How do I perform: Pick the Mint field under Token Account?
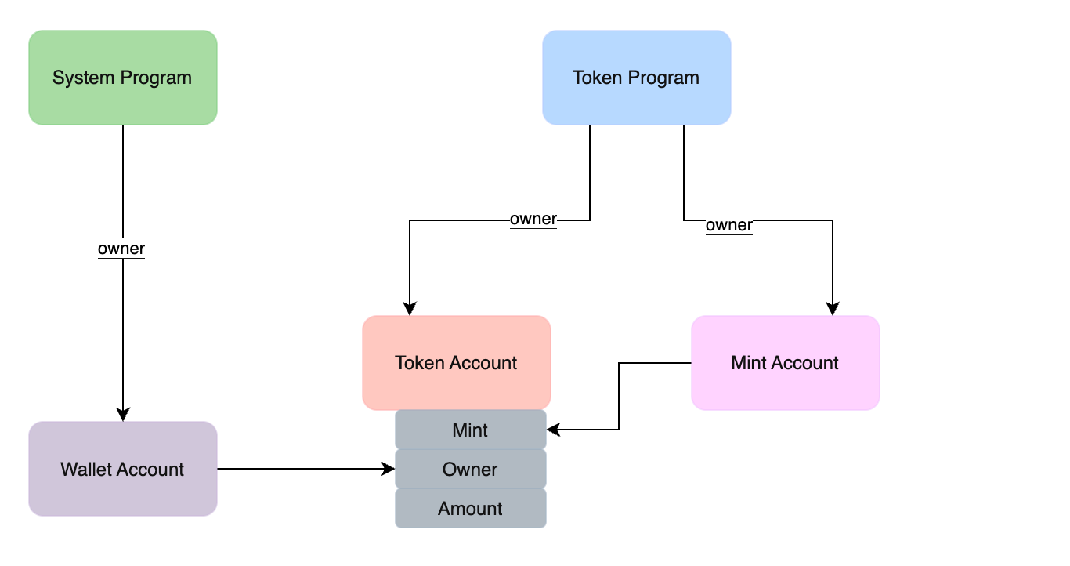tap(470, 430)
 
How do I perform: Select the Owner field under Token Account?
tap(470, 470)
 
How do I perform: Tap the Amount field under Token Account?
tap(470, 509)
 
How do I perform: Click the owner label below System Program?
tap(121, 249)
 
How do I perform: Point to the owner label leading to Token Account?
tap(533, 220)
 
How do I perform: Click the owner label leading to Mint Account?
tap(729, 226)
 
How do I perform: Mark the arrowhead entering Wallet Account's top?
tap(123, 415)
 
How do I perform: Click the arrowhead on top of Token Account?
tap(410, 309)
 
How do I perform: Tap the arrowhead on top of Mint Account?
tap(833, 309)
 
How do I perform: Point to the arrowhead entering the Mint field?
tap(554, 430)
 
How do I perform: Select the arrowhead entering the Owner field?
tap(388, 469)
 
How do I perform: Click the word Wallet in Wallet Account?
tap(83, 470)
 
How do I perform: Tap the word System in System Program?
tap(84, 78)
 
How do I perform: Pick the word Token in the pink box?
tap(420, 363)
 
